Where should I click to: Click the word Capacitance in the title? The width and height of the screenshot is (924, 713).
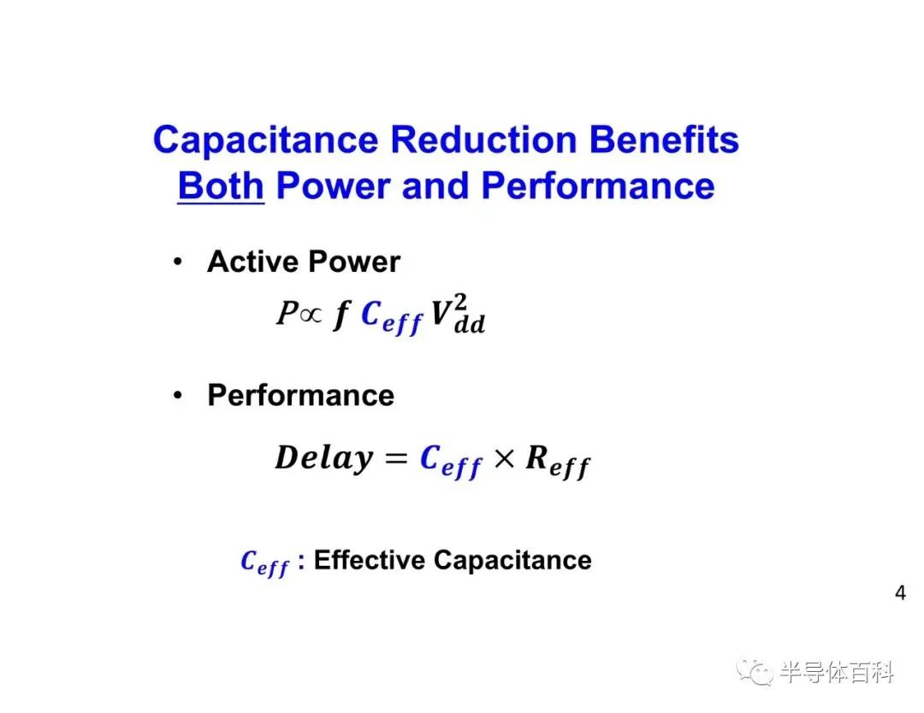265,141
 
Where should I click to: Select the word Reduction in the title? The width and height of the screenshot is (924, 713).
483,140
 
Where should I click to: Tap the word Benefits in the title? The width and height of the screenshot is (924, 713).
664,140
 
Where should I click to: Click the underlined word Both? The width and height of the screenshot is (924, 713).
221,186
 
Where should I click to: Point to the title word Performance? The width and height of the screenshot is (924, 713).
598,186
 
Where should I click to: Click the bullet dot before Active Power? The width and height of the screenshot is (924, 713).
178,262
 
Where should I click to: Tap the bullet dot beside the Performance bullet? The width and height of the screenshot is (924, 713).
178,395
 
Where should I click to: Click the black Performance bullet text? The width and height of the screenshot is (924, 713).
300,395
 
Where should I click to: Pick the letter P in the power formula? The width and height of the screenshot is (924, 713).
287,312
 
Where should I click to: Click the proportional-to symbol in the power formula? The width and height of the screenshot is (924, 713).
311,315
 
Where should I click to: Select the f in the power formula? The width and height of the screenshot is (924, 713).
341,314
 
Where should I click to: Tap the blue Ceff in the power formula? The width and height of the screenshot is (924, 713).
391,317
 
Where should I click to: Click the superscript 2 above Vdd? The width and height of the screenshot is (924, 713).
460,303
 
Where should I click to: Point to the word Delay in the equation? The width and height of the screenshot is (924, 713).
324,458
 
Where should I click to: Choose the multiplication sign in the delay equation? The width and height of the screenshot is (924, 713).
504,458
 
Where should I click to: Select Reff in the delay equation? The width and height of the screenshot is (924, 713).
558,462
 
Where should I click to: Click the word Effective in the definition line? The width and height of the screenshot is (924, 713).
369,559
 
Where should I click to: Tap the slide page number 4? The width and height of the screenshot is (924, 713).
900,592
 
